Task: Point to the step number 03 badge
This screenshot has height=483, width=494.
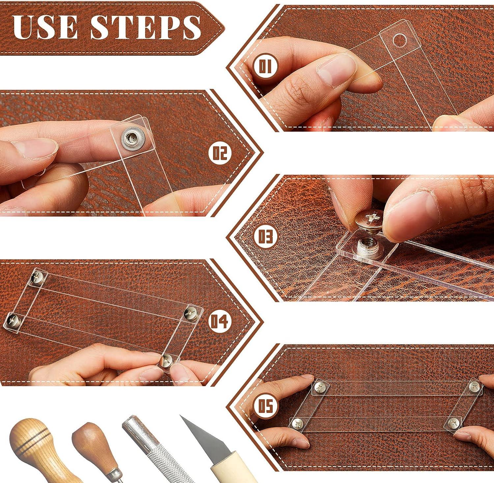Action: point(265,237)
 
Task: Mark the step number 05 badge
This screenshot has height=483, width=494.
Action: point(265,406)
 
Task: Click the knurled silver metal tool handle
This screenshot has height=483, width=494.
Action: point(155,455)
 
